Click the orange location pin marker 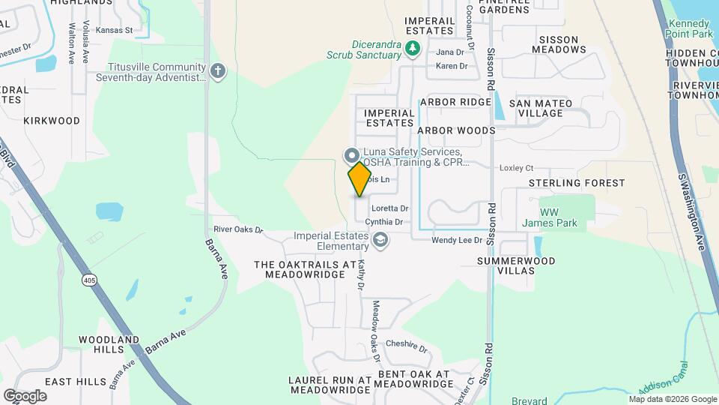pos(360,178)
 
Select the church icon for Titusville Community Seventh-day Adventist pos(217,71)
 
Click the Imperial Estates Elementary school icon pos(380,241)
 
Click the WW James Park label pos(559,217)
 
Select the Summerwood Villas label pos(517,266)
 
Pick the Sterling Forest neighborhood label pos(577,183)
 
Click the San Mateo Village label pos(540,108)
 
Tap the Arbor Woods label pos(456,130)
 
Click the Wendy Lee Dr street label pos(456,241)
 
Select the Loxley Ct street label pos(516,169)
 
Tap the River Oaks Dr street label pos(239,229)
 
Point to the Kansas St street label pos(114,31)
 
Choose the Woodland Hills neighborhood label pos(109,344)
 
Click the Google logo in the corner pos(25,395)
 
